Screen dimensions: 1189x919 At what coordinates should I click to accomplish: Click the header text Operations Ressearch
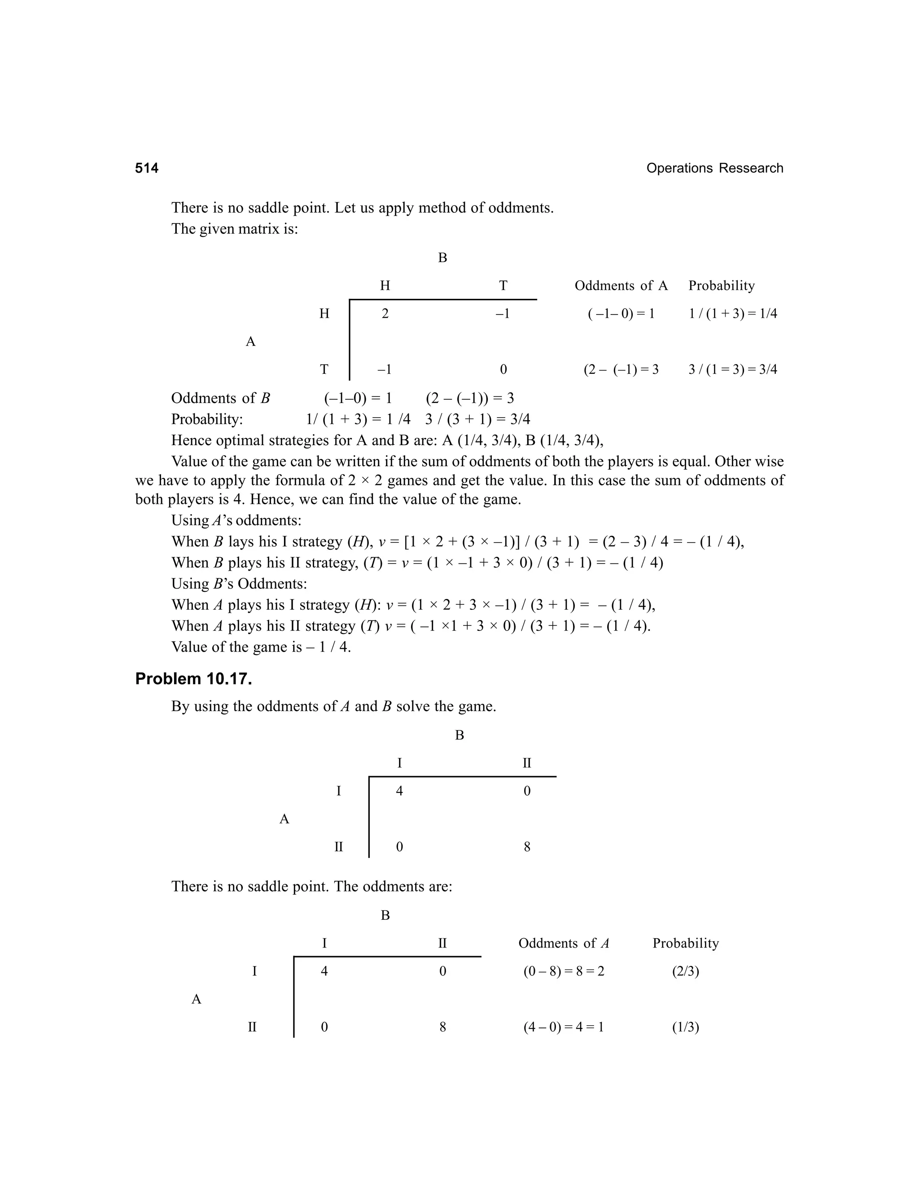714,168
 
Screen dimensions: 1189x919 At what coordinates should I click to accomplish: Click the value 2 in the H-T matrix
385,314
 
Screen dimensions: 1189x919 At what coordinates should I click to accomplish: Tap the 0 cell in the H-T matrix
503,370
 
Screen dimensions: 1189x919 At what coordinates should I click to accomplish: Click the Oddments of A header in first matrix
621,286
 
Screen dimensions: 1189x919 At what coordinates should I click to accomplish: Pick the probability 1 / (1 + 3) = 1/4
733,314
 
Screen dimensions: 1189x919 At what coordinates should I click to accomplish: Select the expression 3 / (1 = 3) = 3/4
733,370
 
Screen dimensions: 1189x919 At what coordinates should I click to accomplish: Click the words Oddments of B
220,398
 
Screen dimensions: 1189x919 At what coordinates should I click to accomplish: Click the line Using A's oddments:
236,520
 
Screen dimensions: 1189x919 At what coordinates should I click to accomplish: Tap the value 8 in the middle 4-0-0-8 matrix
526,847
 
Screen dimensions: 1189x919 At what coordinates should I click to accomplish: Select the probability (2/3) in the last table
686,971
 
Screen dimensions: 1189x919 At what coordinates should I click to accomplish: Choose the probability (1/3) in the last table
686,1027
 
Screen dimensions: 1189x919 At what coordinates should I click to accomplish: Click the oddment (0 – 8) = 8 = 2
564,971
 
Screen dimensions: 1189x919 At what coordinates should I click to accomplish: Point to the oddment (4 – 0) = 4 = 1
564,1027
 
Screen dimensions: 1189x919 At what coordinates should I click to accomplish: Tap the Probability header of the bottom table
686,944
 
